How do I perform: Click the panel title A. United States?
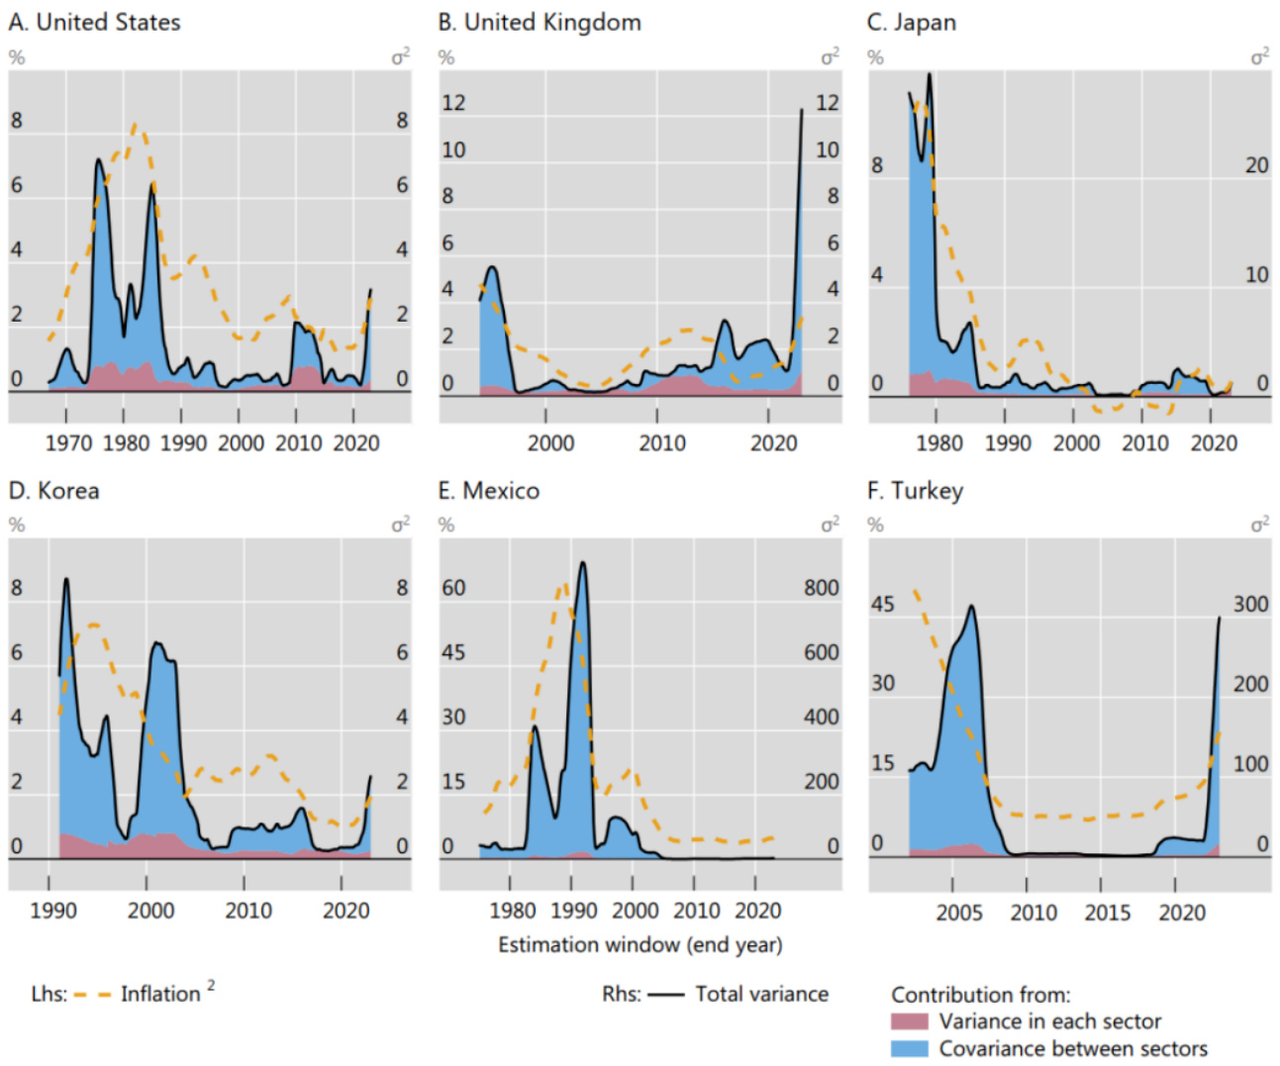(94, 22)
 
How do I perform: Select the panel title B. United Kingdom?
(540, 22)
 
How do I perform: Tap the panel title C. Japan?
(911, 22)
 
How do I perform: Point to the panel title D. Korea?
(53, 491)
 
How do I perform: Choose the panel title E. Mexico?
(489, 491)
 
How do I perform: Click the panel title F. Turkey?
(915, 491)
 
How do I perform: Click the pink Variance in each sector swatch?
(909, 1021)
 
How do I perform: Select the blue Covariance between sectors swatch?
(909, 1048)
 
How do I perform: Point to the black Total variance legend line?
(665, 995)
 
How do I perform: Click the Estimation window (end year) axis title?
(640, 945)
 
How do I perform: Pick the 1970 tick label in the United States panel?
(68, 442)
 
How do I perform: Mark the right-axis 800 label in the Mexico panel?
(821, 588)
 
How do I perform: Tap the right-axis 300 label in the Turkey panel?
(1250, 604)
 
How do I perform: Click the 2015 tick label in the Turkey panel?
(1107, 912)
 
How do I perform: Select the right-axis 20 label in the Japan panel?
(1256, 165)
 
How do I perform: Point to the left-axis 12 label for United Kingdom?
(452, 103)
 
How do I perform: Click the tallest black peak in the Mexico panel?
(582, 563)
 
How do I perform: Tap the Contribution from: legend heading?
(980, 995)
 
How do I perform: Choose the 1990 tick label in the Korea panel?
(52, 911)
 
